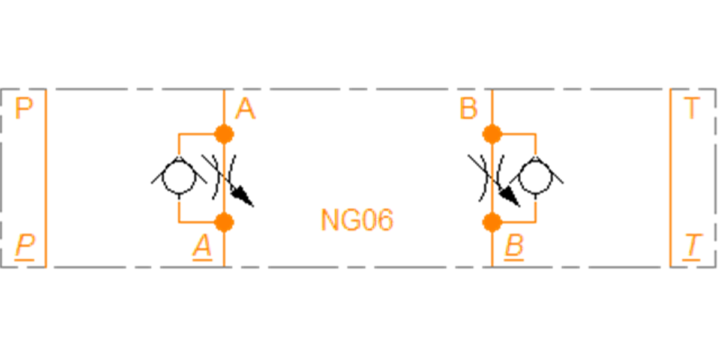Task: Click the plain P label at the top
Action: point(24,109)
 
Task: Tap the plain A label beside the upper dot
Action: point(245,109)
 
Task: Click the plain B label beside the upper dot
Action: point(468,109)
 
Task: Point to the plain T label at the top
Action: point(691,109)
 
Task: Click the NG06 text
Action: point(356,220)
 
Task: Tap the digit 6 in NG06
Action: point(386,220)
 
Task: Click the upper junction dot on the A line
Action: point(224,134)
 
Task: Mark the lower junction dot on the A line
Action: point(224,222)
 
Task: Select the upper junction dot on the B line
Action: point(492,134)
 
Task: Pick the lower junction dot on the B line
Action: point(492,222)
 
